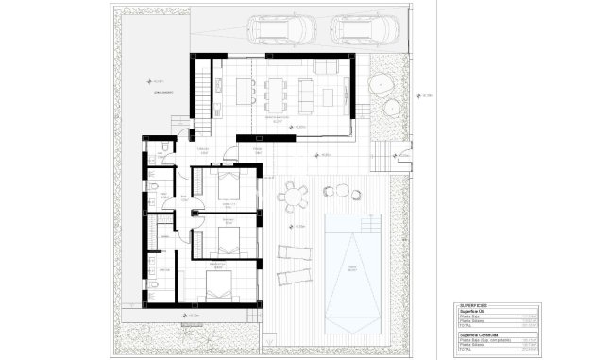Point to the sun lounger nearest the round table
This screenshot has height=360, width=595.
click(292, 252)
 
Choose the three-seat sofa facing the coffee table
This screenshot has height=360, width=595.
click(309, 93)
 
